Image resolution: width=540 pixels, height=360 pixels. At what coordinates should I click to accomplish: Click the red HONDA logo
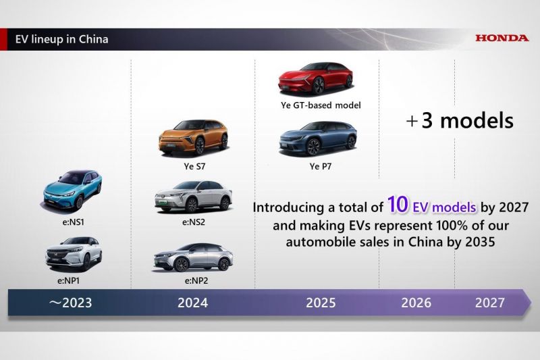(502, 38)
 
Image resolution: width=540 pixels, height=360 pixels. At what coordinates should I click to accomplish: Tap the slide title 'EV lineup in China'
(61, 39)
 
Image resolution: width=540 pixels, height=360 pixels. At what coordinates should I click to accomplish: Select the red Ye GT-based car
(316, 78)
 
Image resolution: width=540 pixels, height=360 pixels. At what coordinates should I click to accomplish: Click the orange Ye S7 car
(194, 137)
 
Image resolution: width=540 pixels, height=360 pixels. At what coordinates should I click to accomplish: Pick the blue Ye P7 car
(317, 138)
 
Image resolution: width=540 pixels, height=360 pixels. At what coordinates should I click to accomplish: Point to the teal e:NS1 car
(73, 190)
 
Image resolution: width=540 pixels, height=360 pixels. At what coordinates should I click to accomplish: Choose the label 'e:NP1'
(69, 281)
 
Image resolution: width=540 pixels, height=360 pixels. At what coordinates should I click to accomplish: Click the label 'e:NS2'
(194, 222)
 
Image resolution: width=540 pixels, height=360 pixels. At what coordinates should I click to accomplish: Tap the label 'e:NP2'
(196, 281)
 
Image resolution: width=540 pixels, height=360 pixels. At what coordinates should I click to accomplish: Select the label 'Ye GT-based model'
(321, 105)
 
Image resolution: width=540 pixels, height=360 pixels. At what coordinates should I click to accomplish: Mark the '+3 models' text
(460, 121)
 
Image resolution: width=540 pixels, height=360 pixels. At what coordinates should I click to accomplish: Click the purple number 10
(398, 204)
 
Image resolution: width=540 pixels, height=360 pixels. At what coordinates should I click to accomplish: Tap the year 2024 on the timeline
(192, 303)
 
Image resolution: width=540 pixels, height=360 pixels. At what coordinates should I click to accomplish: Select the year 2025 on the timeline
(321, 303)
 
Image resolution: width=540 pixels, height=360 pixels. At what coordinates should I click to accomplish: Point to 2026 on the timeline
(416, 303)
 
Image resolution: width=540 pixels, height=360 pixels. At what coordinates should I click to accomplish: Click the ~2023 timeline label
(70, 303)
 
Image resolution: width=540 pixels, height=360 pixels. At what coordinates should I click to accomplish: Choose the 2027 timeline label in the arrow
(490, 303)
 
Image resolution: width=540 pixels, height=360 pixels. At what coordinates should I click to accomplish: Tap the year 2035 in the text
(480, 242)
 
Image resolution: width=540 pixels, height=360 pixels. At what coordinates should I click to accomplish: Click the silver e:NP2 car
(193, 257)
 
